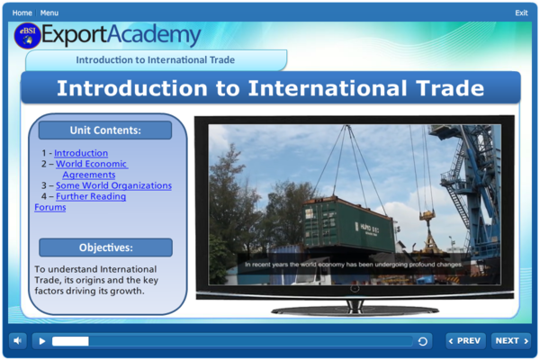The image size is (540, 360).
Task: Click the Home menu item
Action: [x=22, y=13]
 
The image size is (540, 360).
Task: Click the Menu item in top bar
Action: [x=49, y=13]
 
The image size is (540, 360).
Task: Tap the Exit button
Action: [x=521, y=13]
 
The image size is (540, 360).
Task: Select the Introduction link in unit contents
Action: [x=80, y=153]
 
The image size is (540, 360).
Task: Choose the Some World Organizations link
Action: [x=113, y=185]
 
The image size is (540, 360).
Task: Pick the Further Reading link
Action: [x=91, y=196]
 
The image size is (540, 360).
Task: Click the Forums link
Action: [x=49, y=207]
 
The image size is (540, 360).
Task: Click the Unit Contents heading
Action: [x=105, y=130]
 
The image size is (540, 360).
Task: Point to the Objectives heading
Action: [x=105, y=247]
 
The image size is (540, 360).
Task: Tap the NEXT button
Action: [x=510, y=341]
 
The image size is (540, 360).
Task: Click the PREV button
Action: [x=465, y=341]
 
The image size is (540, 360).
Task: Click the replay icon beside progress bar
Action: [x=423, y=341]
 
